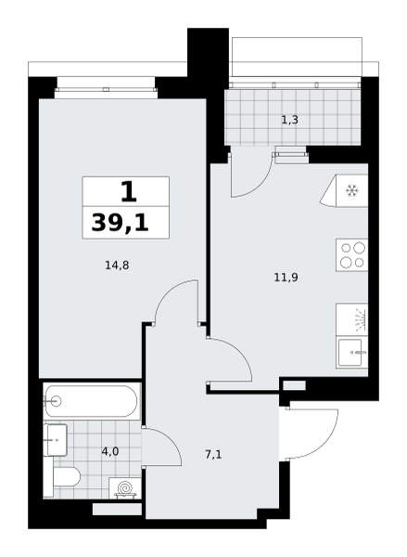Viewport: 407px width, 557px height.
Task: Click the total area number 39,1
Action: (x=120, y=223)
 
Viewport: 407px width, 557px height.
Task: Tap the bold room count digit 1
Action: (x=129, y=191)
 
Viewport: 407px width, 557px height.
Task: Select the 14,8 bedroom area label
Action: (x=117, y=265)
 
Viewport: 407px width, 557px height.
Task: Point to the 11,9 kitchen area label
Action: (x=286, y=277)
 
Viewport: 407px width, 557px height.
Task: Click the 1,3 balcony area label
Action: (x=289, y=120)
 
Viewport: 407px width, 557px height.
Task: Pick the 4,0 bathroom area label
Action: (x=110, y=451)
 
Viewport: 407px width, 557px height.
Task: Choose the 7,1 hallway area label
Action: (x=213, y=454)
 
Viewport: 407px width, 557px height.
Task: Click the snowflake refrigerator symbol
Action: (x=352, y=190)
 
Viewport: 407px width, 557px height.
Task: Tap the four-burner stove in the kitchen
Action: (x=351, y=255)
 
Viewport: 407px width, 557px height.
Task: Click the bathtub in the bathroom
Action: (x=91, y=401)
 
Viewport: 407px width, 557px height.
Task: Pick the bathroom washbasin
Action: (x=56, y=440)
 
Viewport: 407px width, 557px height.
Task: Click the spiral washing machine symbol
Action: (x=124, y=487)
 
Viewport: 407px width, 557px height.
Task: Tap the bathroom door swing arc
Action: (x=170, y=440)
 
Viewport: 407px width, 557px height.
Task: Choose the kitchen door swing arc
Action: (x=239, y=352)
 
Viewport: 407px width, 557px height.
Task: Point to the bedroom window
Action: (x=106, y=89)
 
